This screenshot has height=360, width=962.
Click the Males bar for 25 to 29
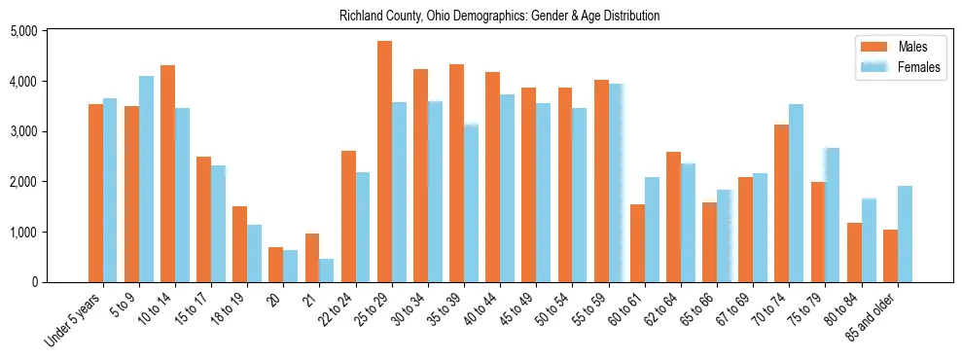click(x=384, y=162)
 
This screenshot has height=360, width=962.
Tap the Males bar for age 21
click(x=312, y=258)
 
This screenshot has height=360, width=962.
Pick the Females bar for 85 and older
click(x=905, y=234)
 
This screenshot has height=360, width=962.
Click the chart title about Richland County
click(x=500, y=16)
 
